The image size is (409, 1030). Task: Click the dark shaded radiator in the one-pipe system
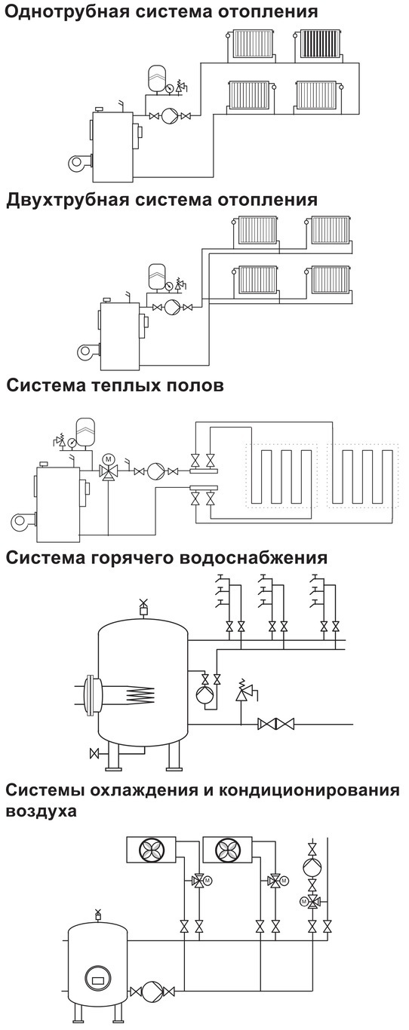tap(318, 44)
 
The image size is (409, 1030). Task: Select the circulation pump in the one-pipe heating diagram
tap(169, 115)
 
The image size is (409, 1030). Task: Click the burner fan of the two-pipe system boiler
tap(85, 353)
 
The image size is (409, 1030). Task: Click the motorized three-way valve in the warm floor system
tap(109, 470)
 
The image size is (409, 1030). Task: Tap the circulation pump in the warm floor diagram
tap(154, 471)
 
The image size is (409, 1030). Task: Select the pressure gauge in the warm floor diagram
tap(72, 443)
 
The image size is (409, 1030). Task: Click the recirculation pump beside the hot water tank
tap(203, 694)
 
